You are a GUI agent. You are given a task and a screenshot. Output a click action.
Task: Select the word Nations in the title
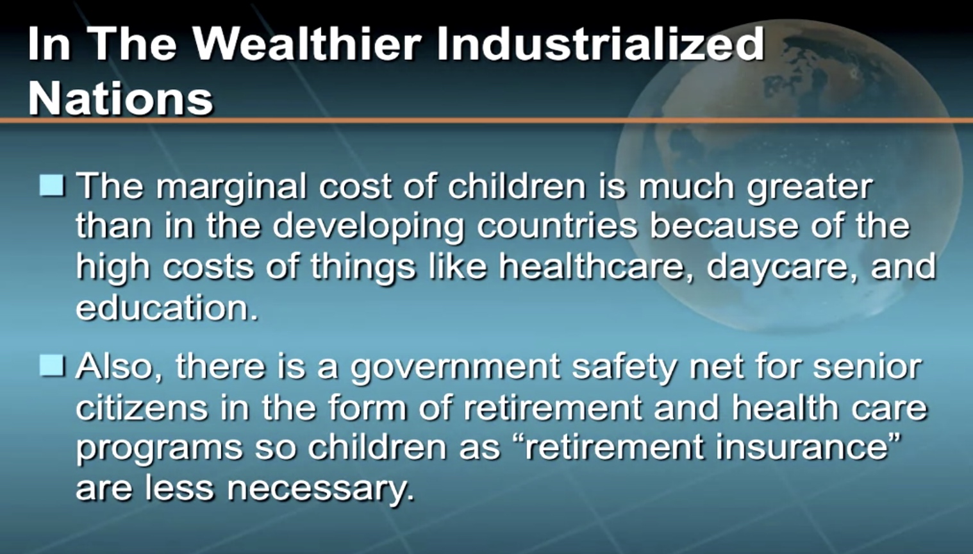(121, 99)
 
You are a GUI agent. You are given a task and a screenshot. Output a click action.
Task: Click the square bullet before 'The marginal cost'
(53, 185)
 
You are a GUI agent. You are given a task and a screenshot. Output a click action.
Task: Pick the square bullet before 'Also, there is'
(53, 365)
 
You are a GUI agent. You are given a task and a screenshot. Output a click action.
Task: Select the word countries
(557, 226)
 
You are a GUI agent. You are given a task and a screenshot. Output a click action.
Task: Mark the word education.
(167, 306)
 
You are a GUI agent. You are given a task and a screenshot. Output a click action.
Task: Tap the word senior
(867, 366)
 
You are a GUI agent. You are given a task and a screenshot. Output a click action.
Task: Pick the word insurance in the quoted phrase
(802, 448)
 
